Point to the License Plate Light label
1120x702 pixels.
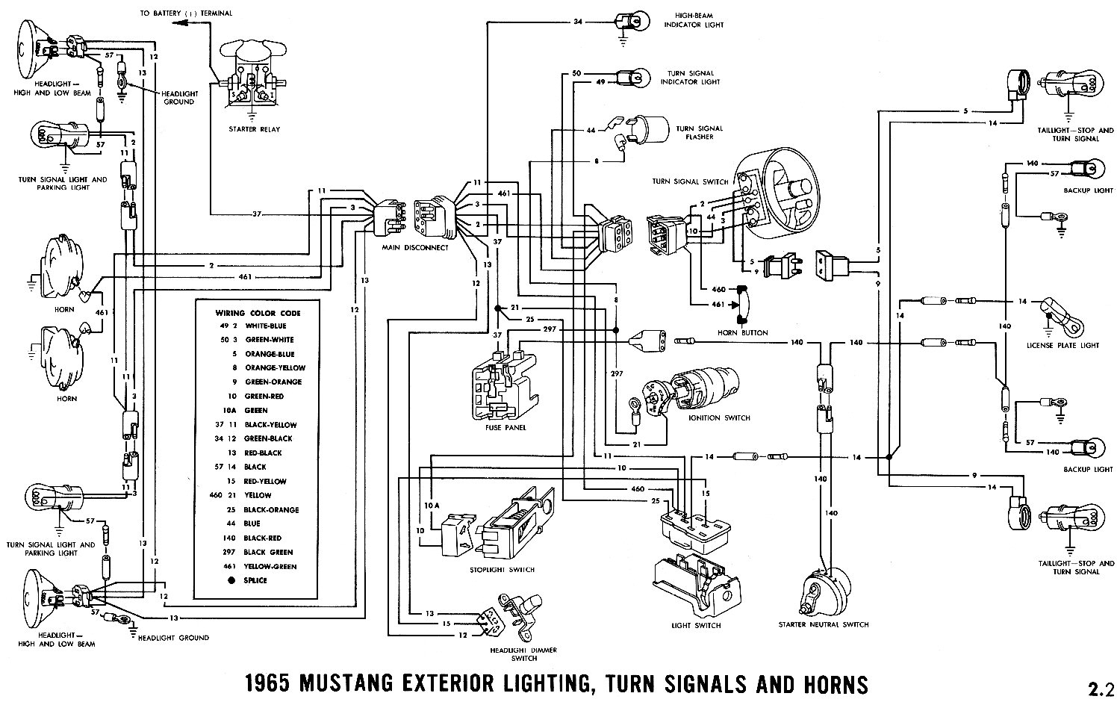(1073, 345)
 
